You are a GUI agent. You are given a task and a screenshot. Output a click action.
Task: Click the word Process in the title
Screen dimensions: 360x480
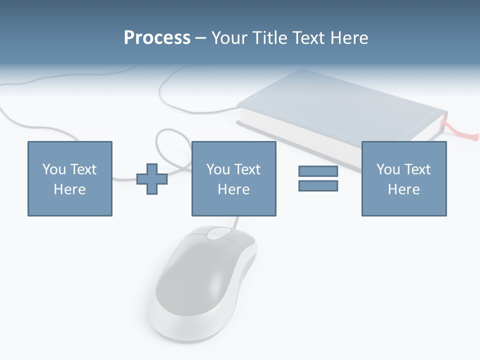point(157,38)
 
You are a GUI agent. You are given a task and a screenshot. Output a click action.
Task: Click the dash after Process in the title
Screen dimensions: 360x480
point(201,38)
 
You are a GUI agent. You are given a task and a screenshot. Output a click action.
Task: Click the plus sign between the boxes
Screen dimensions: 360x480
point(152,179)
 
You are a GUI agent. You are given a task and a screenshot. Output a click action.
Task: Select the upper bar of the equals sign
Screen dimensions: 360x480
point(318,171)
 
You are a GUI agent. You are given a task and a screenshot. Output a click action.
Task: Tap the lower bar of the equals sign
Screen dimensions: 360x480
point(318,185)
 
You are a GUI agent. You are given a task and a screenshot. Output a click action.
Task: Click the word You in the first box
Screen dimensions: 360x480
point(53,169)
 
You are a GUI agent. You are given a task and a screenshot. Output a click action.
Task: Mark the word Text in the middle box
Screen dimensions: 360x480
point(247,169)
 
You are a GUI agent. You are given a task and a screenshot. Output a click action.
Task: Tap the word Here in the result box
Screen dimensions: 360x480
point(403,189)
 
